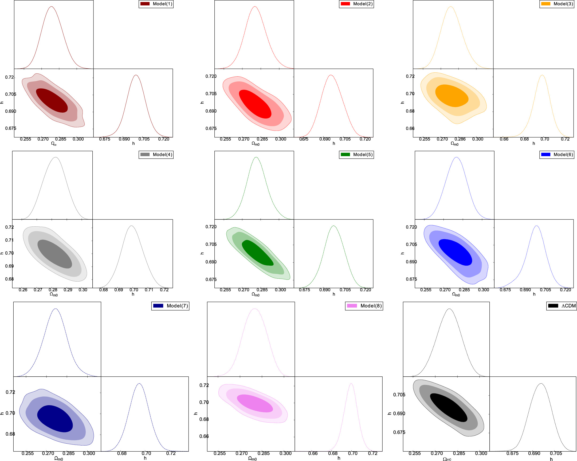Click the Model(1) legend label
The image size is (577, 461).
[162, 4]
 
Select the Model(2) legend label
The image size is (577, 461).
[363, 4]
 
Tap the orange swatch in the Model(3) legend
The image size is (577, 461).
[546, 4]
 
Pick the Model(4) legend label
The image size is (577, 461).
[162, 155]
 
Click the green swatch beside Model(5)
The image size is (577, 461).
[345, 155]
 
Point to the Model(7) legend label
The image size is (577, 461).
[177, 306]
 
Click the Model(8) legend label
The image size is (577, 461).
[371, 306]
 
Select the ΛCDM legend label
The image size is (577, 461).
[568, 306]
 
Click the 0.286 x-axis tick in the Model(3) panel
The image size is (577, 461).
[460, 139]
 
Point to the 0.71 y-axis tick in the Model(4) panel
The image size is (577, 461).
[9, 240]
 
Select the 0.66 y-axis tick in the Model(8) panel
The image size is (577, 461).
[204, 436]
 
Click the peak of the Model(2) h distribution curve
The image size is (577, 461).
[331, 75]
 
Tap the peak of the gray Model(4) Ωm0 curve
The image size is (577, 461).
[55, 157]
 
